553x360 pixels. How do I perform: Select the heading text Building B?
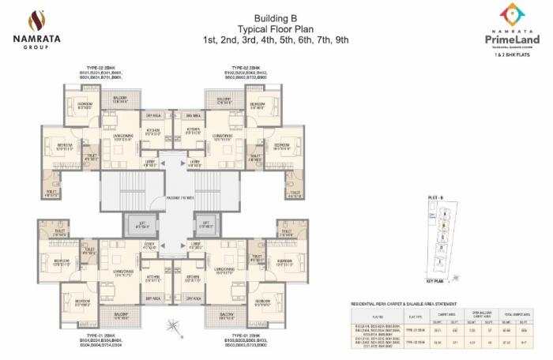(x=276, y=17)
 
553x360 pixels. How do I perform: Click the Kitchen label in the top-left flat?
(x=152, y=131)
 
